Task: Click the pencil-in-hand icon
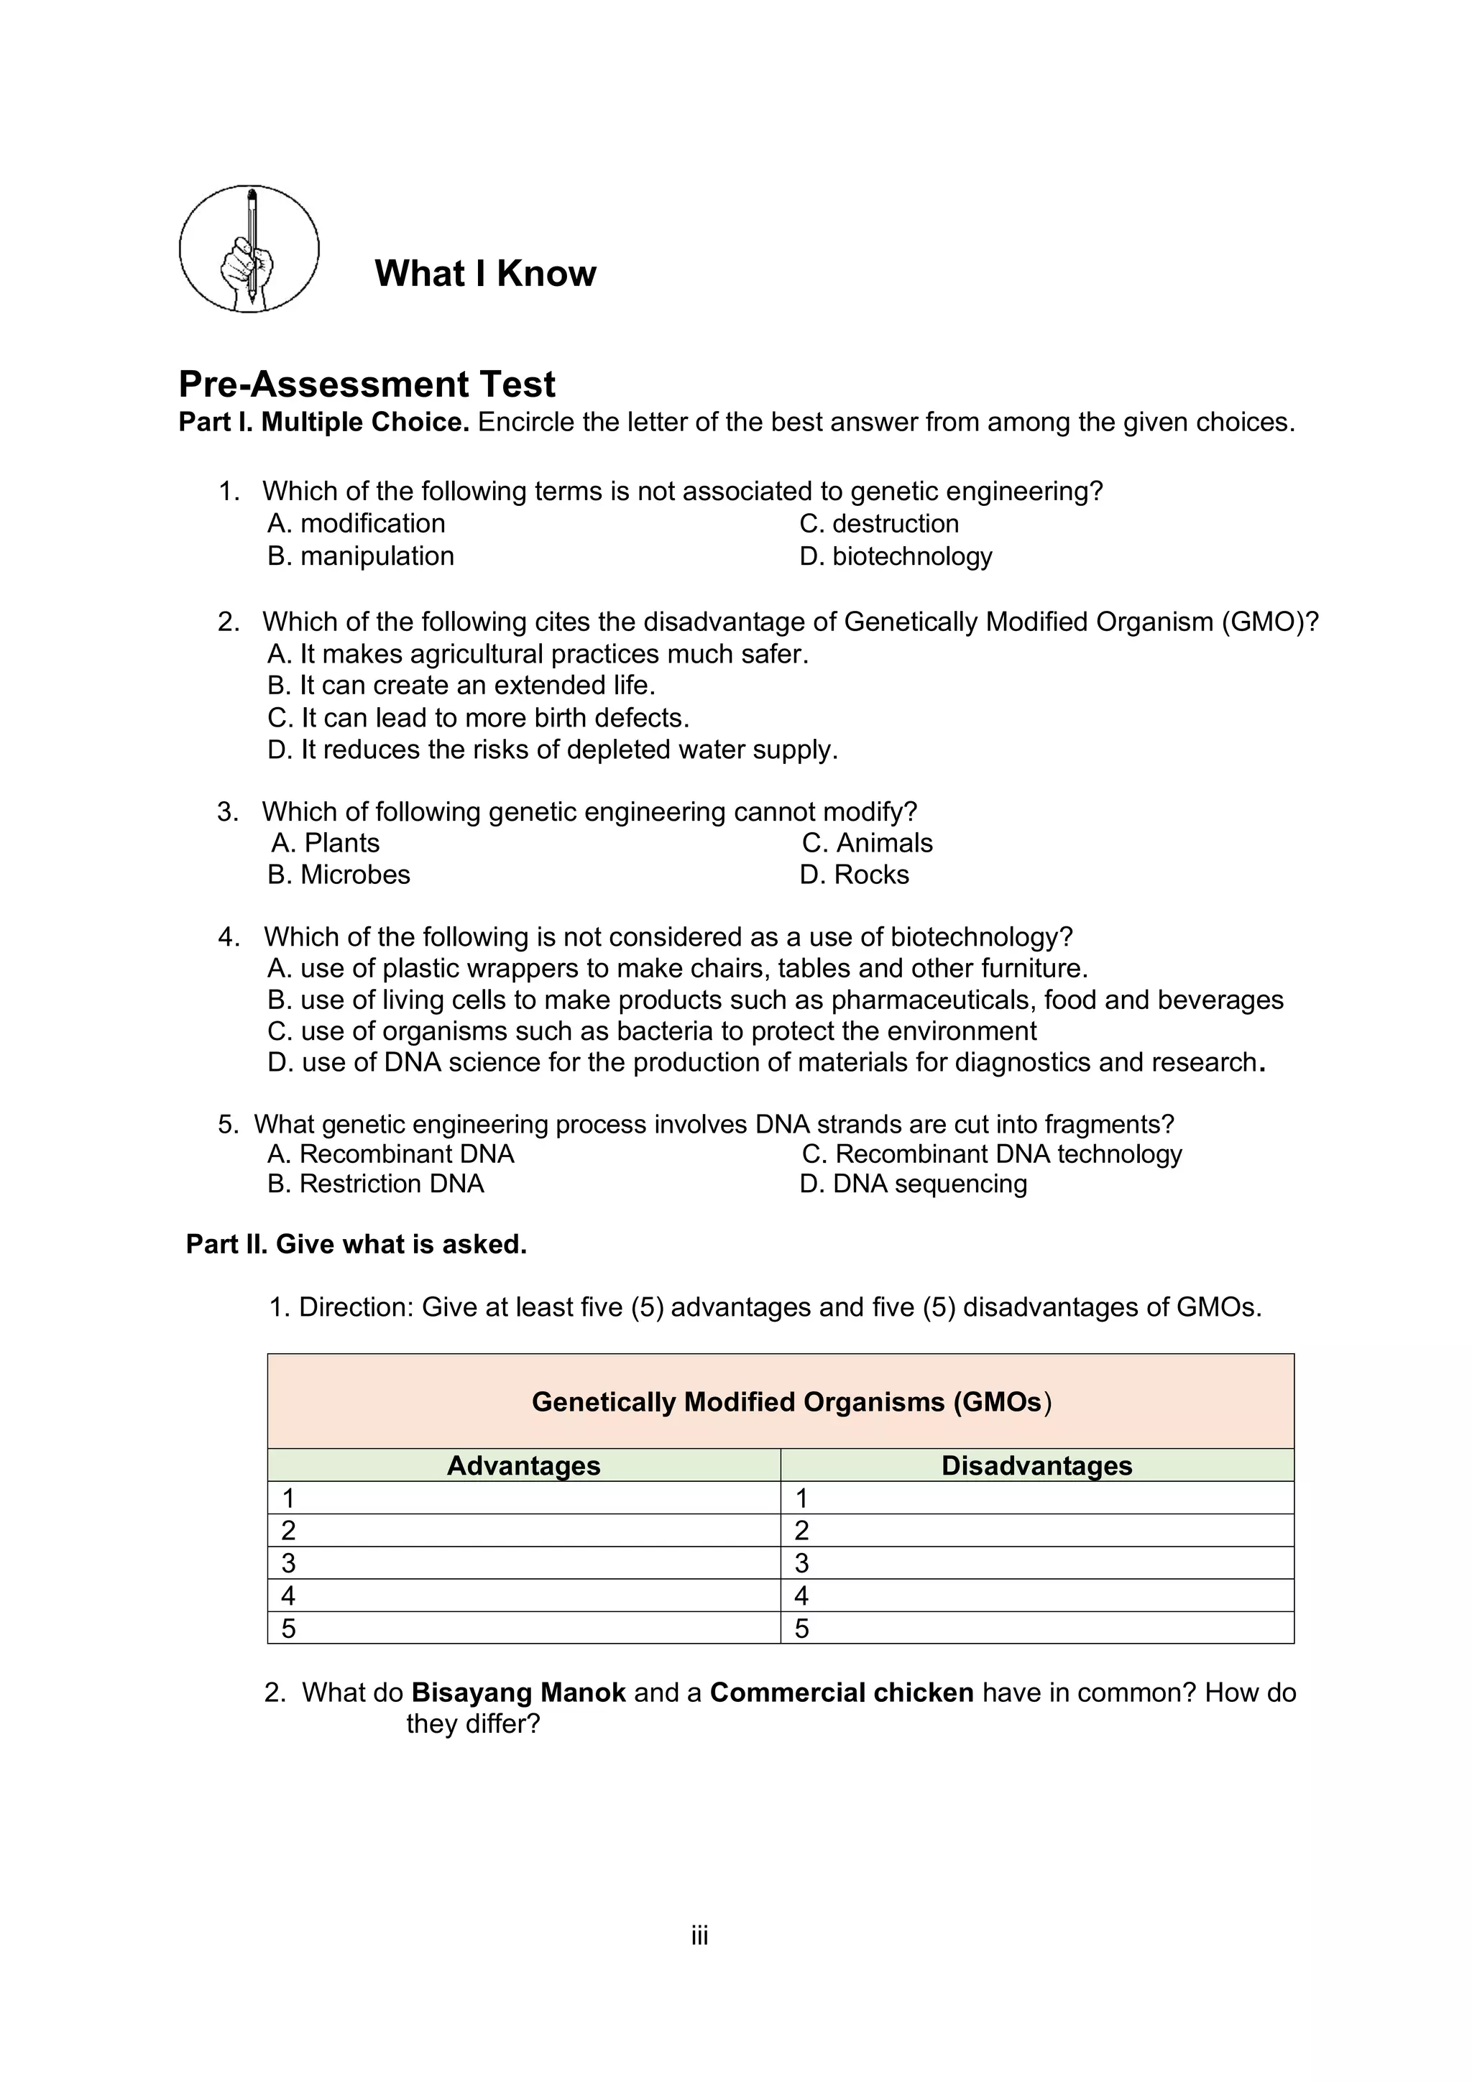click(x=249, y=249)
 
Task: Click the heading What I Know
click(x=484, y=273)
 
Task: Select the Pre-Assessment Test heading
click(x=367, y=384)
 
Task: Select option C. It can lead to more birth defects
click(x=478, y=717)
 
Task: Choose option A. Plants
click(x=325, y=842)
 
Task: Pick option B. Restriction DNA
click(x=375, y=1184)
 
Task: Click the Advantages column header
click(x=523, y=1465)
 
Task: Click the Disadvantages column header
click(x=1036, y=1465)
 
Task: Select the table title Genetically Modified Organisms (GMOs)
click(x=790, y=1402)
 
